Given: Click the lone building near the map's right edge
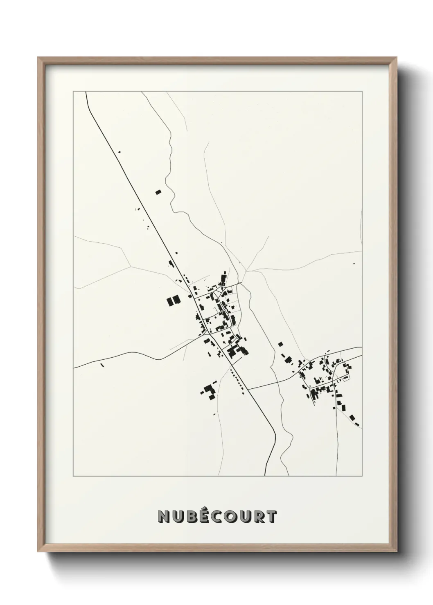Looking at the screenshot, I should coord(354,264).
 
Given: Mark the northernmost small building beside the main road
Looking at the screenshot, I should coord(120,152).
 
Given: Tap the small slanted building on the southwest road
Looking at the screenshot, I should coord(102,365).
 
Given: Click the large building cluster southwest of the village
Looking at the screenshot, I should coord(208,391).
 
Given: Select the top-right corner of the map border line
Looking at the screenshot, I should coord(362,92).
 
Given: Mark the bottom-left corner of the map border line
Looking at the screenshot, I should coord(74,476).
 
